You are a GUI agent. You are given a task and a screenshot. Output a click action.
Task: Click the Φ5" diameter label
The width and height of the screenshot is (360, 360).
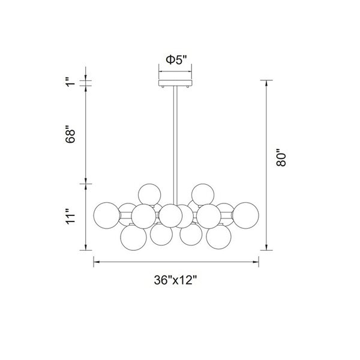pos(176,60)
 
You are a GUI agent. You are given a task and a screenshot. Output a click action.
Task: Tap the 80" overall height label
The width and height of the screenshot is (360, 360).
pos(284,160)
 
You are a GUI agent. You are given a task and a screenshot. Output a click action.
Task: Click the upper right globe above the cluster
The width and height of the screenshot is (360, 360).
pos(202,194)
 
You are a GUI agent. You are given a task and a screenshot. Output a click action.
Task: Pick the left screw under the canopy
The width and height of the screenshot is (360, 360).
pos(164,88)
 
